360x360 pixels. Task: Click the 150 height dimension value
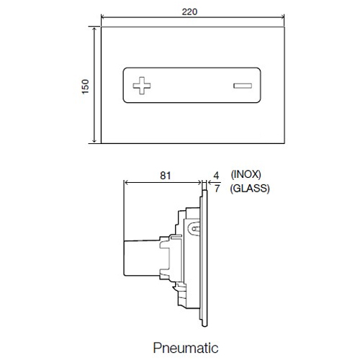click(85, 86)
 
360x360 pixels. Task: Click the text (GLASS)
click(250, 189)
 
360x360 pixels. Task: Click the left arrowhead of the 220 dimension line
click(103, 19)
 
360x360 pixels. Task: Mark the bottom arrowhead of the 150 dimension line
click(94, 142)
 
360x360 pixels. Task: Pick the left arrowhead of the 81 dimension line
click(127, 182)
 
